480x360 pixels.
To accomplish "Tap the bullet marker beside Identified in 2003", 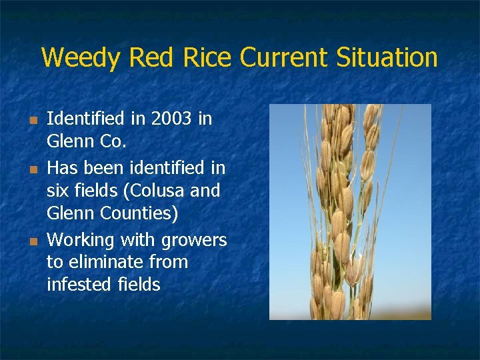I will coord(31,121).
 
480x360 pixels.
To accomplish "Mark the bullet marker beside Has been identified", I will coord(31,169).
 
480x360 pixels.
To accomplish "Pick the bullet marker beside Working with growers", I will coord(31,241).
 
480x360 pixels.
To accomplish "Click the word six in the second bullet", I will coord(58,191).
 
